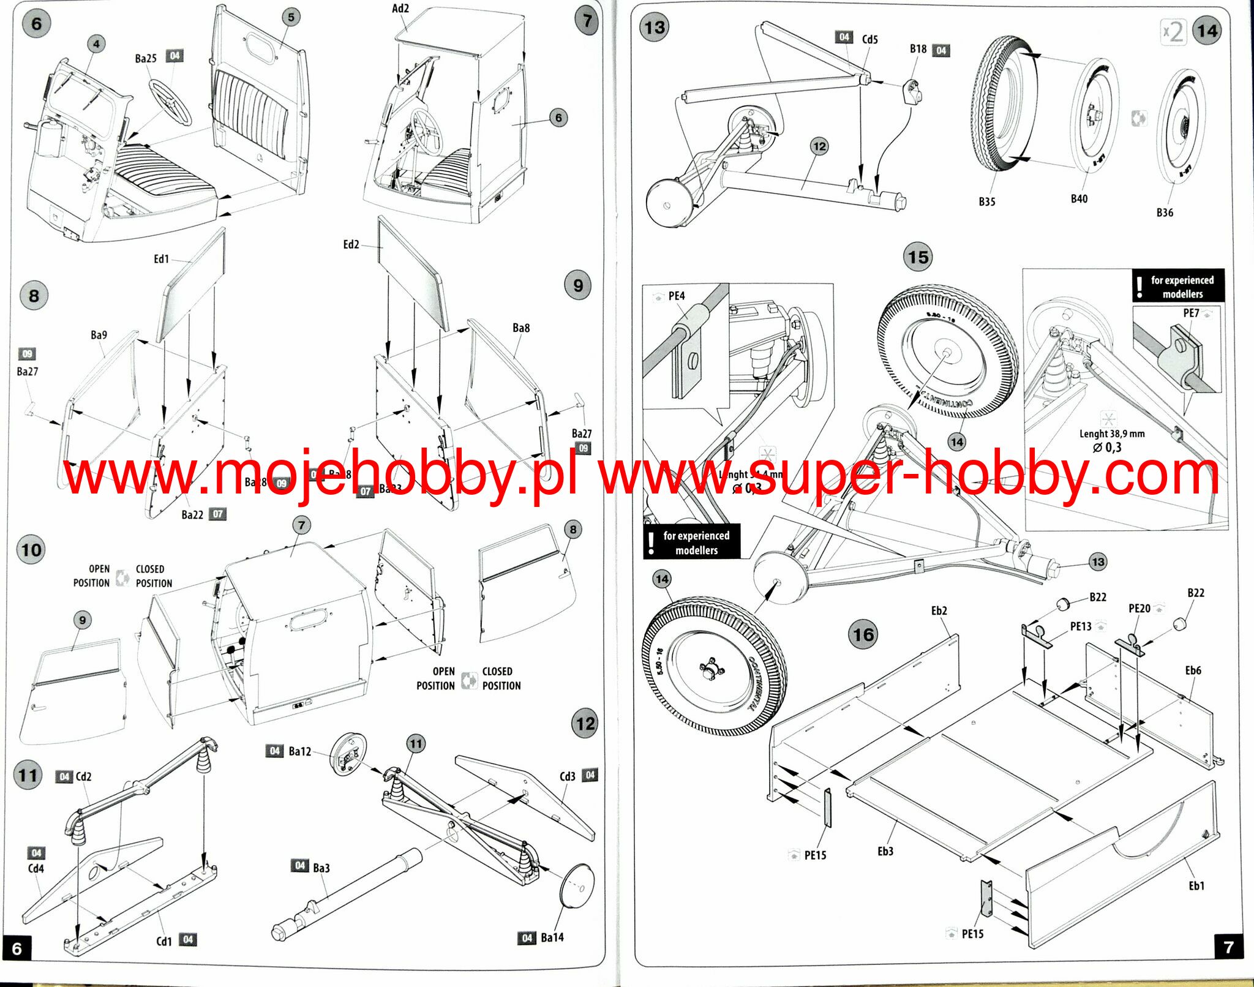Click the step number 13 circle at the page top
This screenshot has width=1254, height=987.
point(655,28)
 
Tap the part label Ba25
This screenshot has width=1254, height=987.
point(146,59)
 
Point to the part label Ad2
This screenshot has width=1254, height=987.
point(400,9)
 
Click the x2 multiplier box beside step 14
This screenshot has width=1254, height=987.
point(1173,32)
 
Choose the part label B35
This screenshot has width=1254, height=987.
point(986,201)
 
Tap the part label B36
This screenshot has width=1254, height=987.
point(1165,212)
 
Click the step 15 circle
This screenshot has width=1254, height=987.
point(918,257)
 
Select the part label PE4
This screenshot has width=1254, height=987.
point(677,296)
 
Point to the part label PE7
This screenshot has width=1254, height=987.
point(1191,313)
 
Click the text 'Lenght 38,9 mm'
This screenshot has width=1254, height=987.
point(1111,433)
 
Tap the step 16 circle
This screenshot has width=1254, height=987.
point(863,635)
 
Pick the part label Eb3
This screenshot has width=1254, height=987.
point(885,851)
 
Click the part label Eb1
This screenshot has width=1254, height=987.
point(1196,885)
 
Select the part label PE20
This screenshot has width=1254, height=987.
point(1139,608)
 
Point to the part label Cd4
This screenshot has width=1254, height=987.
point(36,868)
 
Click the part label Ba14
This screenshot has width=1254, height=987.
point(552,937)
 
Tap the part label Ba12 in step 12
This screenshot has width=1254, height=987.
point(300,751)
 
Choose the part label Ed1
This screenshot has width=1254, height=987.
point(161,259)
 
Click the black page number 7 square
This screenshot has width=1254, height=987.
point(1228,947)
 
